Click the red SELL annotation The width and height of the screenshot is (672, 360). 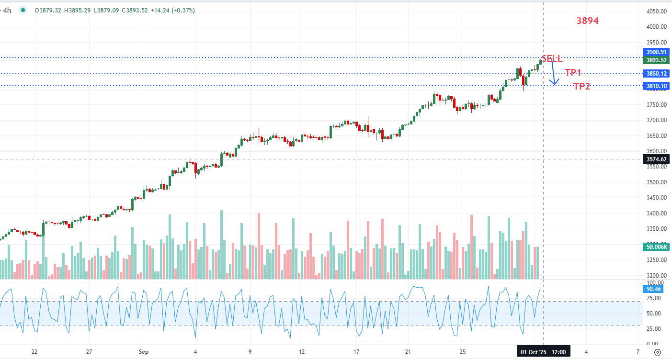tap(552, 58)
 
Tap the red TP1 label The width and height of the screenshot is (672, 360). tap(573, 73)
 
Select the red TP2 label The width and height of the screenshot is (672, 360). tap(582, 87)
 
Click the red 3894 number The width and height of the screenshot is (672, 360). tap(588, 21)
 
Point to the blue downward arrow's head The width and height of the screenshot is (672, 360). tap(554, 83)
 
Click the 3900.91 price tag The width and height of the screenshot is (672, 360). tap(656, 52)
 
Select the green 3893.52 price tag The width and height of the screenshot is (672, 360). tap(656, 60)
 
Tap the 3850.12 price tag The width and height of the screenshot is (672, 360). tap(656, 74)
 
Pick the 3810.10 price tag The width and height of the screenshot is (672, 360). tap(656, 86)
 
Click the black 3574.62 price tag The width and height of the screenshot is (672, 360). tap(656, 159)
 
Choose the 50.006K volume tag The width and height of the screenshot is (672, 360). tap(656, 247)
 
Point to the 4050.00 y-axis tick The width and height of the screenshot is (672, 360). tap(657, 11)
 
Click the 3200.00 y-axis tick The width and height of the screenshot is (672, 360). tap(657, 276)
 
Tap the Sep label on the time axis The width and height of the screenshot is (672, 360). tap(144, 352)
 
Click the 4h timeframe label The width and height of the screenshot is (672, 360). tap(7, 10)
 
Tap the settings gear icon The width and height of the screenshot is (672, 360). tap(658, 352)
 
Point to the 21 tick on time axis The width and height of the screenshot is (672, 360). tap(408, 352)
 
